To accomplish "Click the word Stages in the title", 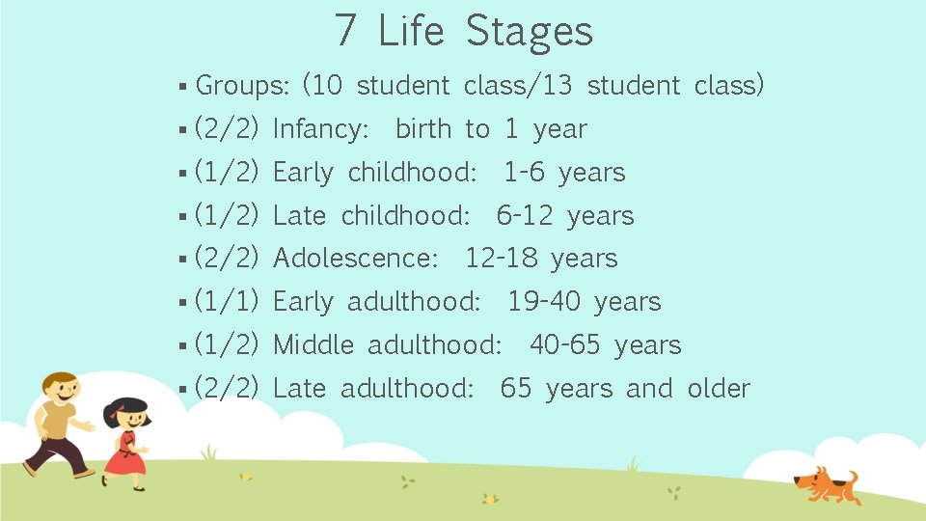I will pos(530,31).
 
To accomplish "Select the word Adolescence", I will pos(356,259).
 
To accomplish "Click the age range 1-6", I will pos(524,173).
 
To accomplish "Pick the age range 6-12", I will pos(525,216).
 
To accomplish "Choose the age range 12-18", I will pos(501,259).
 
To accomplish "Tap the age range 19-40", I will pos(544,302).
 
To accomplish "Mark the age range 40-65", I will pos(564,344).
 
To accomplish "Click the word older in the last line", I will pos(719,389).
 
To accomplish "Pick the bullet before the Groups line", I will pos(182,87).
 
